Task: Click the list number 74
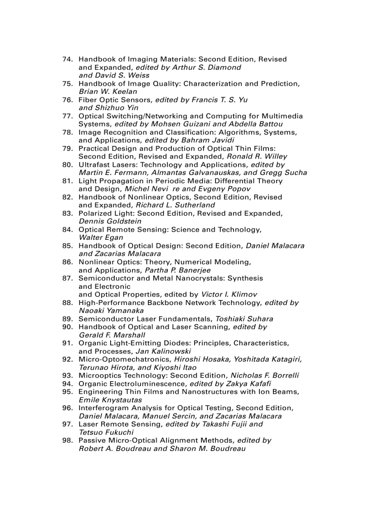tap(68, 59)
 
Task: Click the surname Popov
tap(239, 189)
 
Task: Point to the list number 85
tap(68, 246)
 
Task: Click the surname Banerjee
tap(194, 270)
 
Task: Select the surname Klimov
tap(245, 295)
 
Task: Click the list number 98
tap(68, 441)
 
